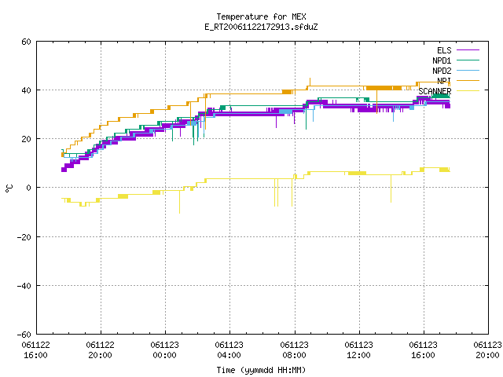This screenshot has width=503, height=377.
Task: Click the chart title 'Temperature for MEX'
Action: click(x=261, y=16)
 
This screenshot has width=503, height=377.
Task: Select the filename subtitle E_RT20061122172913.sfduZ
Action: click(x=261, y=27)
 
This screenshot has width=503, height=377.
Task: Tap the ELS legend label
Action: click(x=444, y=50)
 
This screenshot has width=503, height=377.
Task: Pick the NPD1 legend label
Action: click(x=442, y=60)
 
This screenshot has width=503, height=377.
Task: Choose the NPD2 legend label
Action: click(x=442, y=71)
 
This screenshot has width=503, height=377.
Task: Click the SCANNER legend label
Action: click(x=435, y=91)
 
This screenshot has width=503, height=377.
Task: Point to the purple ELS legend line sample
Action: click(x=468, y=50)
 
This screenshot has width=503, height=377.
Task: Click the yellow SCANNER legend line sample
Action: click(x=468, y=91)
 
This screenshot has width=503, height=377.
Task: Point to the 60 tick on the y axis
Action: click(x=26, y=42)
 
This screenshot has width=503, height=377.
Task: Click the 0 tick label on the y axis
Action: click(x=29, y=188)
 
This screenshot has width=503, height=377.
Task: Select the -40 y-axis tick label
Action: click(x=24, y=286)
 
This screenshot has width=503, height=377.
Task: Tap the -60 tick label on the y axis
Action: click(x=24, y=335)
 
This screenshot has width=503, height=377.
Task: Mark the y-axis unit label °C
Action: click(x=9, y=188)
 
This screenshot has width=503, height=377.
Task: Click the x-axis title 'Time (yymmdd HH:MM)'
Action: click(x=261, y=370)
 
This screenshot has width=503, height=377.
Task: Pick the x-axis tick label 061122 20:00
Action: click(x=100, y=350)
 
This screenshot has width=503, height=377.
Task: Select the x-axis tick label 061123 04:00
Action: click(x=229, y=350)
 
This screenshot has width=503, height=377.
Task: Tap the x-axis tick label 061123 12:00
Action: click(x=358, y=350)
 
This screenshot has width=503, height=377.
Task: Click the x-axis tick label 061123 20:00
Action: click(x=487, y=350)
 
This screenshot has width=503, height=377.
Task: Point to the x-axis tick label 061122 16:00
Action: click(x=35, y=350)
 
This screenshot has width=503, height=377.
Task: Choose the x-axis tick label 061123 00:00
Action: click(x=164, y=350)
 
